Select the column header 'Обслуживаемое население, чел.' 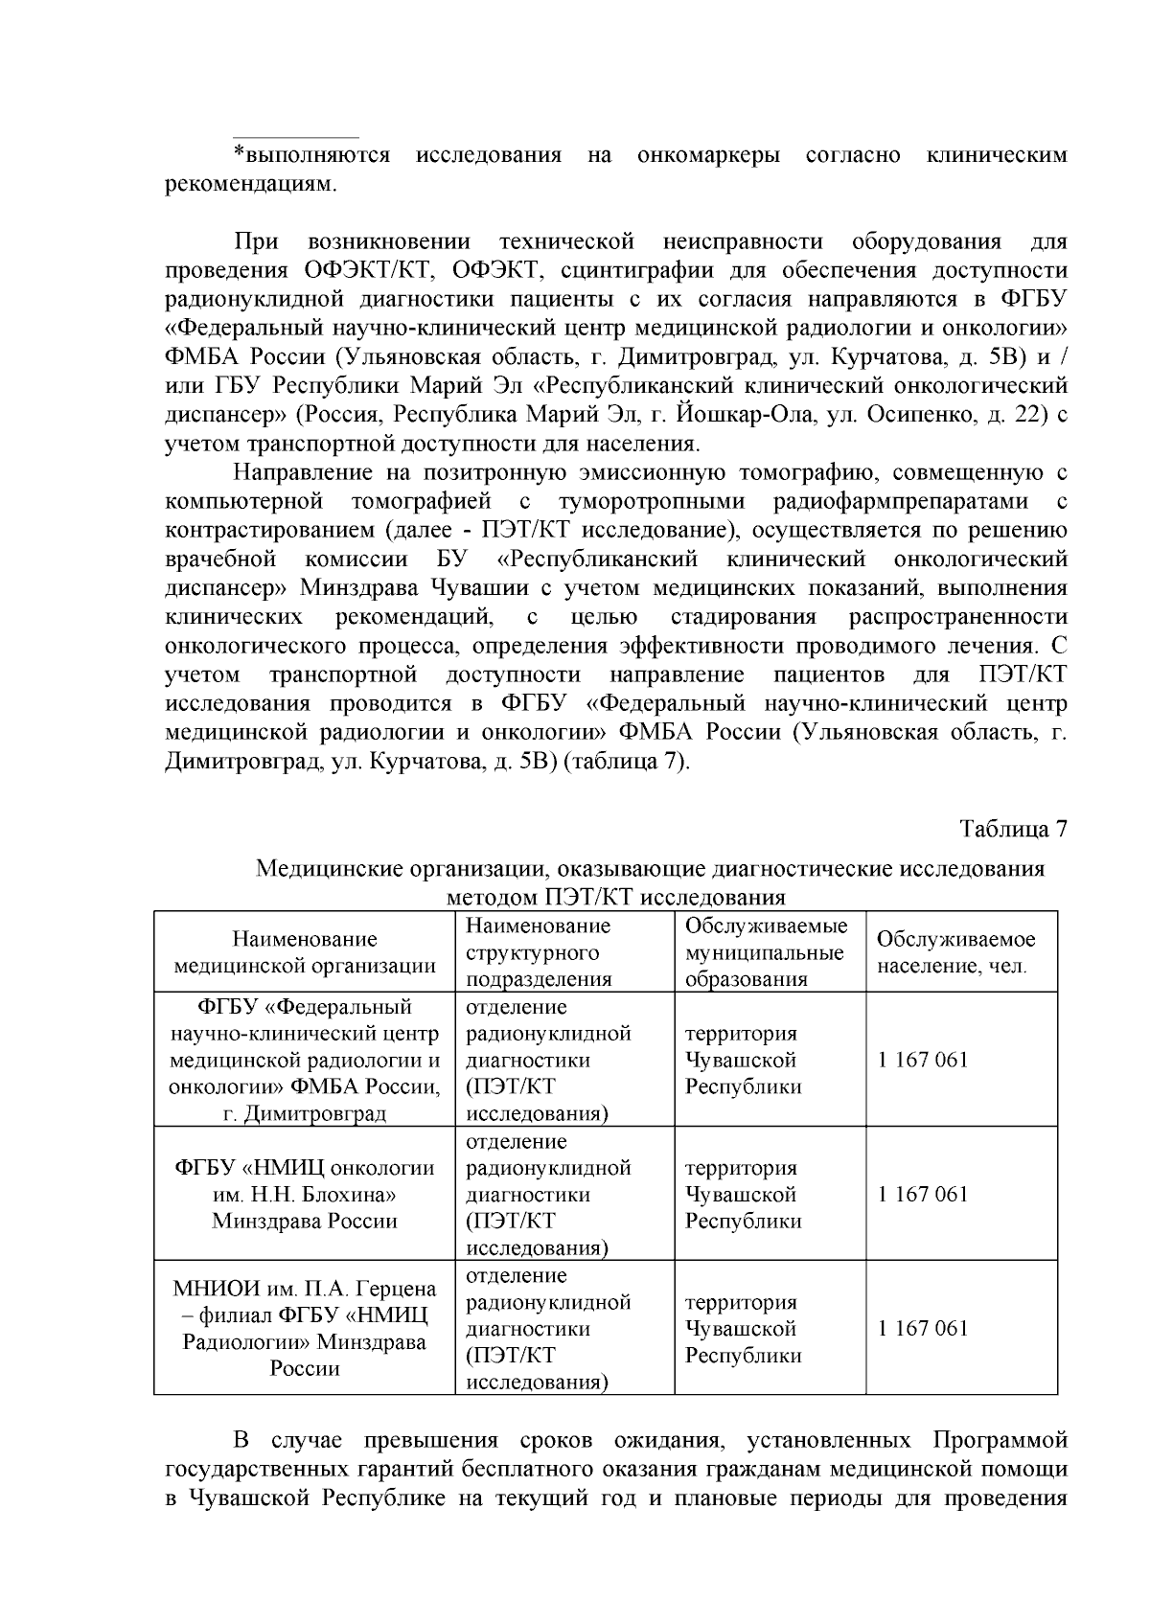(955, 952)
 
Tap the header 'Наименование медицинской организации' (305, 952)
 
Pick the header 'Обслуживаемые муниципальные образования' (766, 952)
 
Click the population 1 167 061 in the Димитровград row (923, 1060)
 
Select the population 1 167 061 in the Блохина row (923, 1194)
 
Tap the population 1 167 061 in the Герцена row (923, 1328)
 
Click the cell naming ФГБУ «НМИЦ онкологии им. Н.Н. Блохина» (305, 1195)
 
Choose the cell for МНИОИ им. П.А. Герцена (305, 1329)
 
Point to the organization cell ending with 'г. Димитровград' (305, 1061)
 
